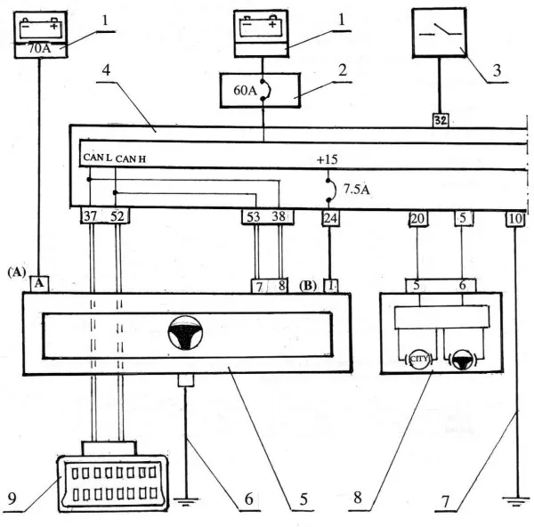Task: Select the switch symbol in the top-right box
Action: click(441, 30)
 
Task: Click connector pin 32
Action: click(441, 118)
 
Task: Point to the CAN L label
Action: click(97, 158)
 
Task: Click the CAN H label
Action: click(131, 158)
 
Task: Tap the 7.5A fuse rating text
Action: click(356, 189)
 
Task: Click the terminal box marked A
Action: click(39, 284)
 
